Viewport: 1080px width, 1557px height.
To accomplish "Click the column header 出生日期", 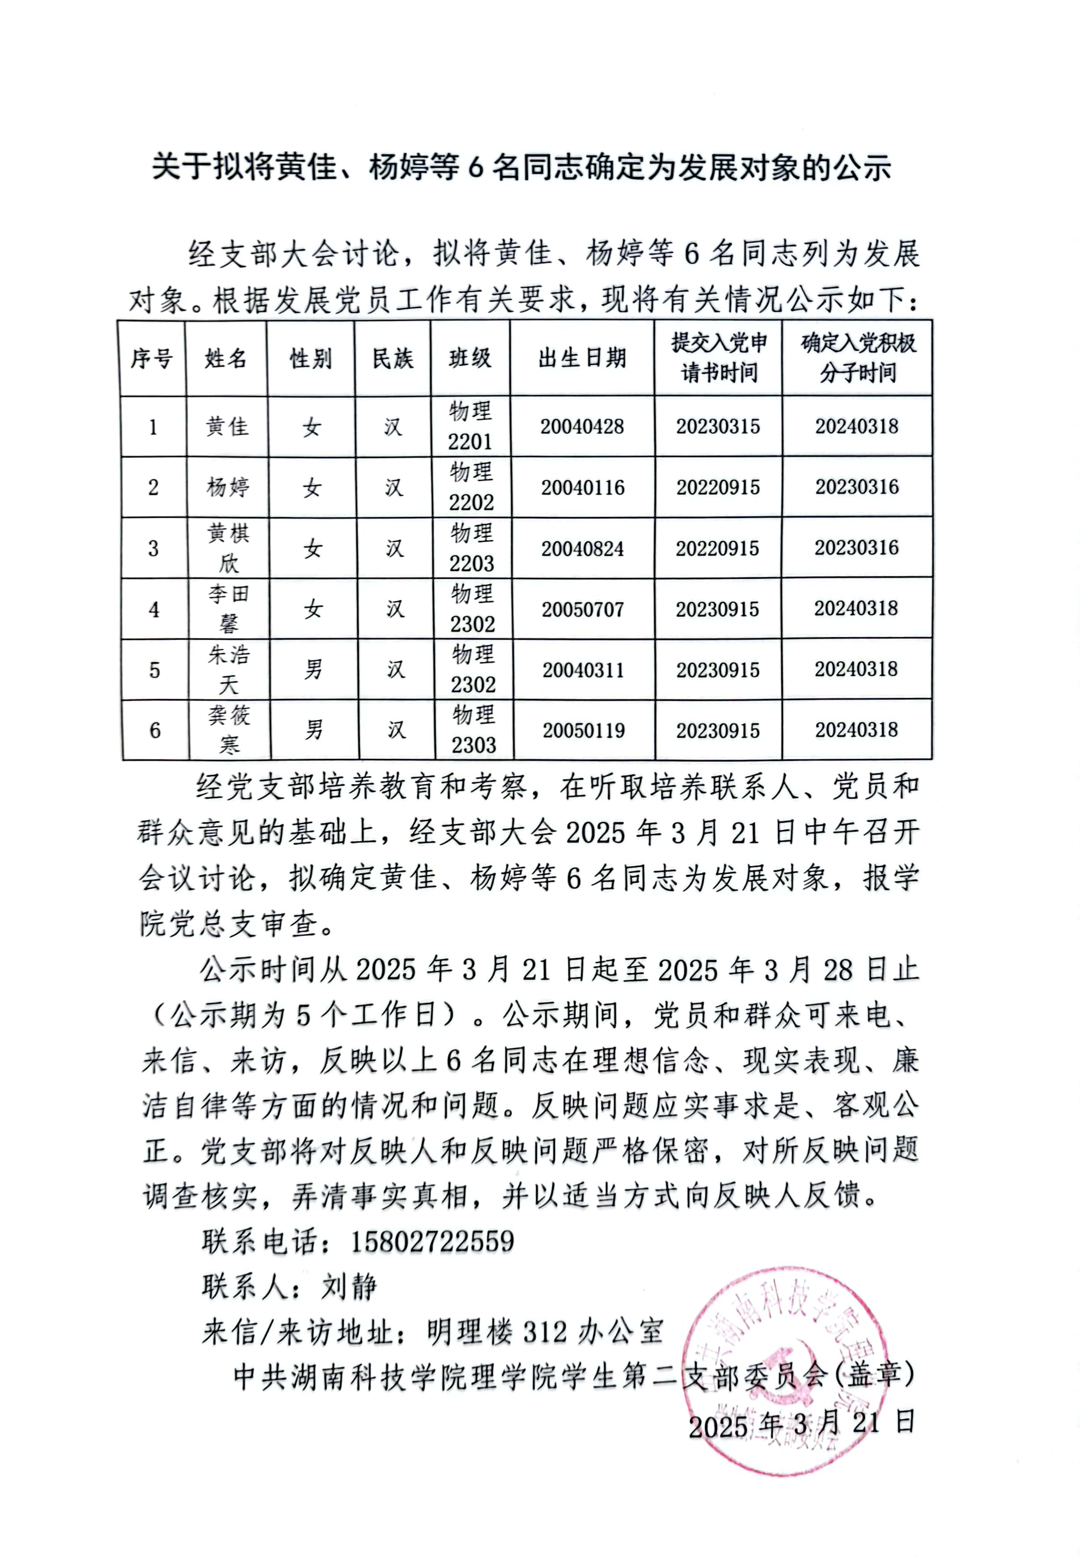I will click(x=582, y=358).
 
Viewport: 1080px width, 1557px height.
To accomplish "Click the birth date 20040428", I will click(x=582, y=426).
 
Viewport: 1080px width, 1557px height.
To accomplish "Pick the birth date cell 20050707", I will click(x=583, y=609).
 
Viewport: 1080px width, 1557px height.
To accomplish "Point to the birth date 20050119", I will click(x=583, y=731).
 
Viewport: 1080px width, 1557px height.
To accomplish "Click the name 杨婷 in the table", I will click(x=228, y=487).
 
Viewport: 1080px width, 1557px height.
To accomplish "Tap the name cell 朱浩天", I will click(x=229, y=669).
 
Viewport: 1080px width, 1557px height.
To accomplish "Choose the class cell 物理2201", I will click(x=470, y=426).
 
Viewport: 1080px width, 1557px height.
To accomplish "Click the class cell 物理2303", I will click(x=474, y=730).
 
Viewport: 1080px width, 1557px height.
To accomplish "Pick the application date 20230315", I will click(x=718, y=426).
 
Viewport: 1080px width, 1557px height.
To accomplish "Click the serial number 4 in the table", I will click(x=154, y=609).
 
